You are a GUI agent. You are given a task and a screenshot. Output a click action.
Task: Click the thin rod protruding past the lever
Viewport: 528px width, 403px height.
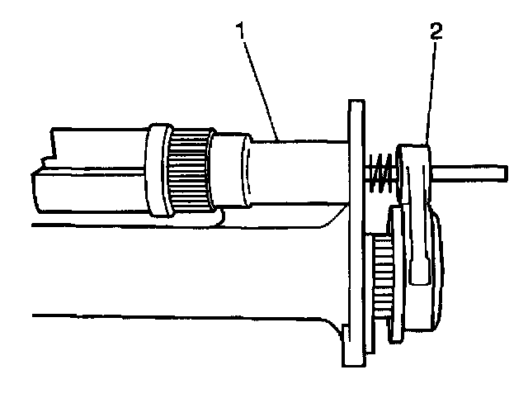pos(470,173)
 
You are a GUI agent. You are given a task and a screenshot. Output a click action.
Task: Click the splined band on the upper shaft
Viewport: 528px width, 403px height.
pos(189,170)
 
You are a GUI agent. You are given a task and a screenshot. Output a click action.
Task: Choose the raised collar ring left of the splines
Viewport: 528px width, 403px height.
pos(156,170)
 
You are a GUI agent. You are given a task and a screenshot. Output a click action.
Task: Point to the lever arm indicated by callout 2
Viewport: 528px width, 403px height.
pos(417,215)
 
